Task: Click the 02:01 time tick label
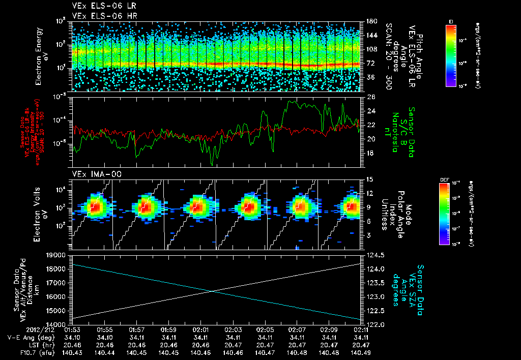pos(201,329)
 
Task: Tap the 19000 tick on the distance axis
pos(57,255)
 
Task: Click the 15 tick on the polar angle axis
pos(369,179)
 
